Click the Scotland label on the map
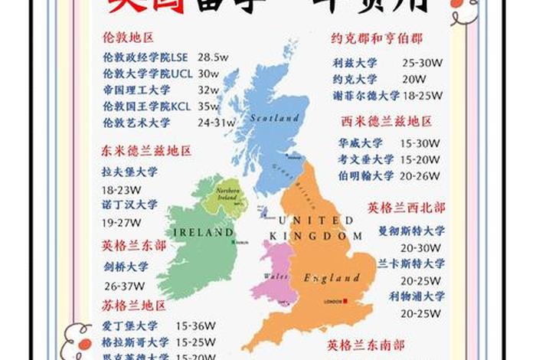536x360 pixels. coord(273,119)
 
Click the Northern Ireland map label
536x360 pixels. coord(227,191)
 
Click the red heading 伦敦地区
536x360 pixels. coord(128,37)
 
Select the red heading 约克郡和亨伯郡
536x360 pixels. coord(377,38)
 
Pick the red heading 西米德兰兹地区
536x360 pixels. coord(387,121)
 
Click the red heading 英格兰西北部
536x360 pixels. coord(406,208)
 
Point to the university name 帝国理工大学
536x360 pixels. coord(136,90)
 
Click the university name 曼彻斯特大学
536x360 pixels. coord(411,230)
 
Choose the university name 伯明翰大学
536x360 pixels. coord(366,175)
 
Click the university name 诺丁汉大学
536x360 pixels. coord(129,205)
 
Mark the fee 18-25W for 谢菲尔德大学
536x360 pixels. coord(421,97)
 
